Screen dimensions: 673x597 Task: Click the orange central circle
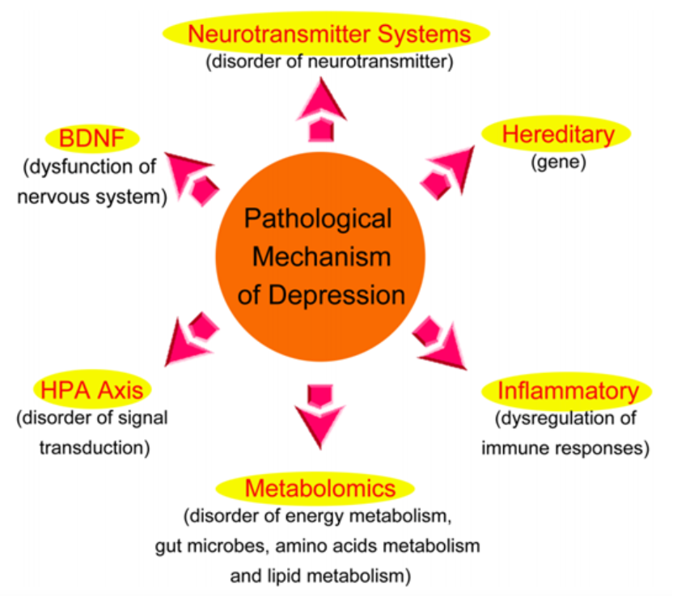coord(320,256)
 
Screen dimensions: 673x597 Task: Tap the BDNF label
coord(92,138)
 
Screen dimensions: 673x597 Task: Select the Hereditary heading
coord(558,134)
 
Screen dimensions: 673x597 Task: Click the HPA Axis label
coord(92,390)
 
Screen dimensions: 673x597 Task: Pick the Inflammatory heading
coord(568,391)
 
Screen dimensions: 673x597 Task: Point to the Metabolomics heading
coord(320,489)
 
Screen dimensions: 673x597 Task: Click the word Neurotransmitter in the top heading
coord(278,34)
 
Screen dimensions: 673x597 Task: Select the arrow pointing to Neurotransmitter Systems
coord(320,110)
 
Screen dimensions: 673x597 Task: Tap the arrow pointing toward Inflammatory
coord(440,343)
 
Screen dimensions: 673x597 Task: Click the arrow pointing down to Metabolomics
coord(320,417)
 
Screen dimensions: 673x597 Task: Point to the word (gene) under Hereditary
coord(558,163)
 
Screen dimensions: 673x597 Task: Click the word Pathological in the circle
coord(318,219)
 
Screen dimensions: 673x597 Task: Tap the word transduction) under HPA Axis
coord(95,447)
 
